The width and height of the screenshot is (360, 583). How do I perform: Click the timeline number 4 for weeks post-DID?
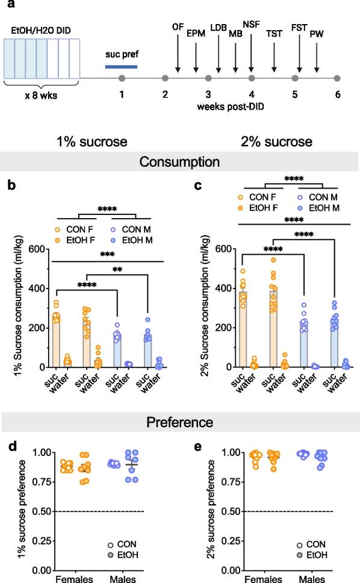click(252, 95)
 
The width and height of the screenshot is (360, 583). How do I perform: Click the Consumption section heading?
click(180, 161)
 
